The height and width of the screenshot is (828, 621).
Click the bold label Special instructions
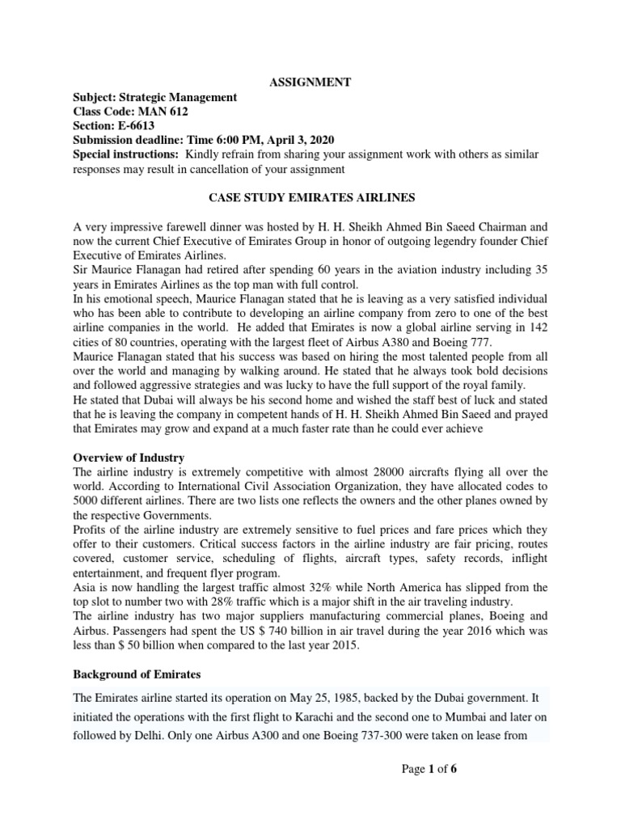(125, 154)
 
